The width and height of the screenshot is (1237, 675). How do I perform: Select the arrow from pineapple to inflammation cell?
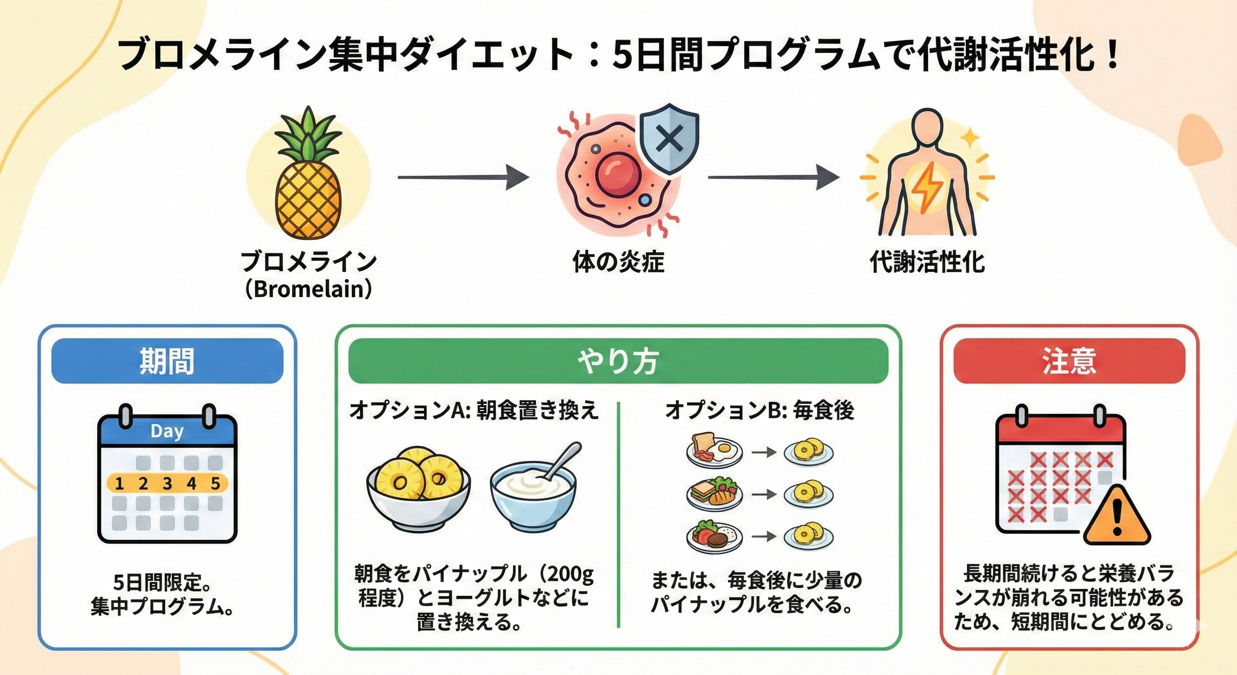coord(463,177)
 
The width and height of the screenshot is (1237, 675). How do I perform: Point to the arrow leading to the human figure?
coord(773,177)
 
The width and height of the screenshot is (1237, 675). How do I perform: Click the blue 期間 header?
coord(167,361)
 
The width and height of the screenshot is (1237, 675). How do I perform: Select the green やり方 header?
coord(618,361)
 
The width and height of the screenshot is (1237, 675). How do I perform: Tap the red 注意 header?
coord(1069,361)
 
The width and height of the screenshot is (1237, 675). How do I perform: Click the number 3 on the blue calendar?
coord(167,483)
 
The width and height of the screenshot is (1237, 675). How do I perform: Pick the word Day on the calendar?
coord(166,431)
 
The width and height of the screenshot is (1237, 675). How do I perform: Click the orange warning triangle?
coord(1117,517)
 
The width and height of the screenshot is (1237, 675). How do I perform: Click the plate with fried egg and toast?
coord(714,452)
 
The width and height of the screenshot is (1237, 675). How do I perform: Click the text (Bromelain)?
coord(308,289)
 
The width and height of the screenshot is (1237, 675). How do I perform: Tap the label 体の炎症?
coord(618,262)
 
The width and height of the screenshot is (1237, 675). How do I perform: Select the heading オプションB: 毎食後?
coord(760,411)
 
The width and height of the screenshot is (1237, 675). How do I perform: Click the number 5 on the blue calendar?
coord(216,483)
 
